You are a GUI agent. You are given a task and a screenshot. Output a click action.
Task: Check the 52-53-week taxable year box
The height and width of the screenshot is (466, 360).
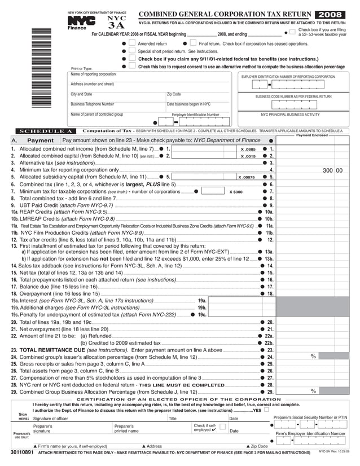292,32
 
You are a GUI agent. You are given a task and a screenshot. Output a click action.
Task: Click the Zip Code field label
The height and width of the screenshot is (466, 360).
174,94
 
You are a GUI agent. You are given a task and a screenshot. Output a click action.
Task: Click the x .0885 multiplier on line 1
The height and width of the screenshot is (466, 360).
248,148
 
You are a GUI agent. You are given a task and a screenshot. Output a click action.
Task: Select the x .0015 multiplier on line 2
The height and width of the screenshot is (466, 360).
248,156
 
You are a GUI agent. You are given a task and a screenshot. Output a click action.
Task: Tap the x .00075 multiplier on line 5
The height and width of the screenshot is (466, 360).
247,177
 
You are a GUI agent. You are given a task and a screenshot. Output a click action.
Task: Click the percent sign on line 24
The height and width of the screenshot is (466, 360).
313,357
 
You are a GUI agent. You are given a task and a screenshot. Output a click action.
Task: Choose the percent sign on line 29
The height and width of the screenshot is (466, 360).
313,391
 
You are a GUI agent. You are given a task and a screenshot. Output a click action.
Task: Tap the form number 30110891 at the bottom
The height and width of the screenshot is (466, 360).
23,452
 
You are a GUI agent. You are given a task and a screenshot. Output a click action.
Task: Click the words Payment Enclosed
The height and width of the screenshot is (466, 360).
312,135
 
